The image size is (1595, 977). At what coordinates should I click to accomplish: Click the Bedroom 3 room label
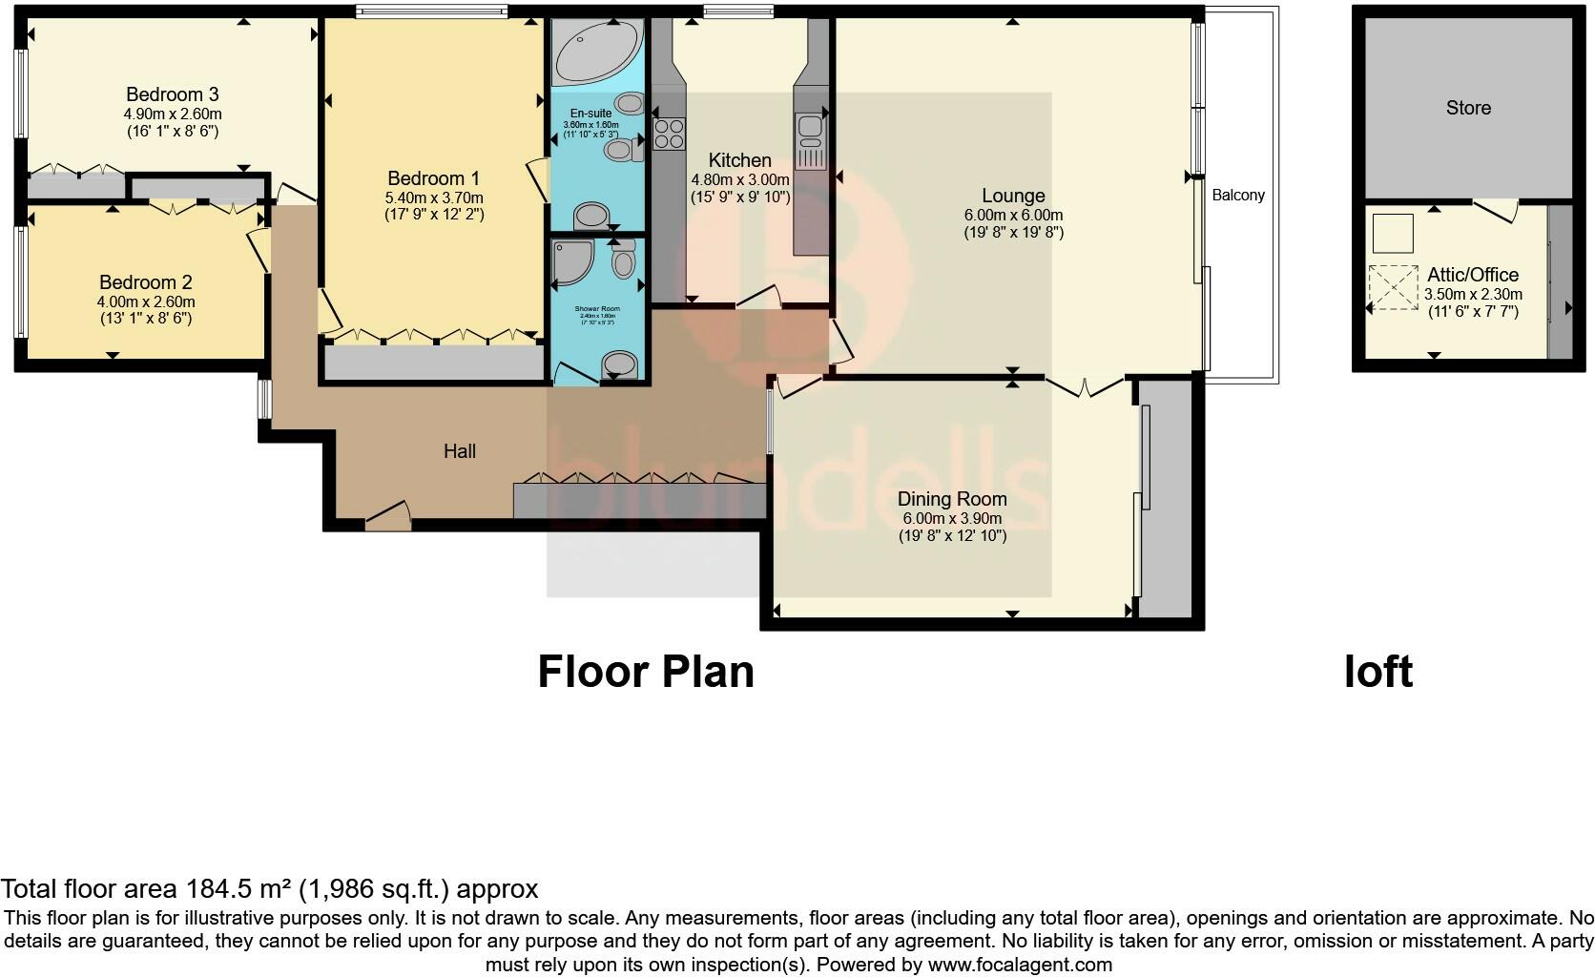[x=173, y=94]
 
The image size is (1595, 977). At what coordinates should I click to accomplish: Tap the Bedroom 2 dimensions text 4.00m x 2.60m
[x=146, y=301]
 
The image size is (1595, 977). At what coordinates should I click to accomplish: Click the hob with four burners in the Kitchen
[x=669, y=134]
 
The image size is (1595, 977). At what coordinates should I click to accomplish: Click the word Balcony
[x=1238, y=196]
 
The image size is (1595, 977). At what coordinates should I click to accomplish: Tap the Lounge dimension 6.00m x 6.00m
[x=1013, y=216]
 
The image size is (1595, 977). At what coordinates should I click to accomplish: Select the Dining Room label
[x=952, y=499]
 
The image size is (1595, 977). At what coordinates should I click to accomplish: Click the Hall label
[x=460, y=451]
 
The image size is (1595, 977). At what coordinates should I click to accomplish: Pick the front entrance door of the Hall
[x=387, y=518]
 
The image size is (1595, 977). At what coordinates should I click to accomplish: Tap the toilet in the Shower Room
[x=620, y=363]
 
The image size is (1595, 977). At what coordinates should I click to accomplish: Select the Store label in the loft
[x=1468, y=108]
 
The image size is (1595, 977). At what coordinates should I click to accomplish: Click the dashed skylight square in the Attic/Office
[x=1393, y=287]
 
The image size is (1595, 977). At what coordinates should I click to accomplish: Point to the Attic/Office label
[x=1473, y=275]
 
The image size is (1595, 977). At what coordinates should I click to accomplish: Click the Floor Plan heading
[x=646, y=672]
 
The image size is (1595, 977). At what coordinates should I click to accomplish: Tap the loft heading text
[x=1377, y=672]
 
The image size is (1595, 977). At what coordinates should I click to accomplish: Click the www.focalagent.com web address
[x=1020, y=965]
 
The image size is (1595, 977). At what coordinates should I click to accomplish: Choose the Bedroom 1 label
[x=433, y=178]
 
